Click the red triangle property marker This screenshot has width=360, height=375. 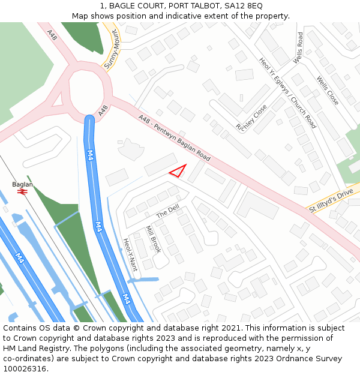point(178,171)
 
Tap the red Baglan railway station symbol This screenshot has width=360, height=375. point(23,191)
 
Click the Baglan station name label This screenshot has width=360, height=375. point(22,184)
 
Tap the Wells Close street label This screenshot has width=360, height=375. point(328,91)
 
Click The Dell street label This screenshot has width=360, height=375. point(168,211)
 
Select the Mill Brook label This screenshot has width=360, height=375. point(154,239)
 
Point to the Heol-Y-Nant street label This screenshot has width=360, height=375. point(130,254)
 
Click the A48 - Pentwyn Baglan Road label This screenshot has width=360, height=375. point(174,138)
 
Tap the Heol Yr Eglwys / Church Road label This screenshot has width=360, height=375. point(287,93)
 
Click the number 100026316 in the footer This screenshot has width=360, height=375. point(26,369)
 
